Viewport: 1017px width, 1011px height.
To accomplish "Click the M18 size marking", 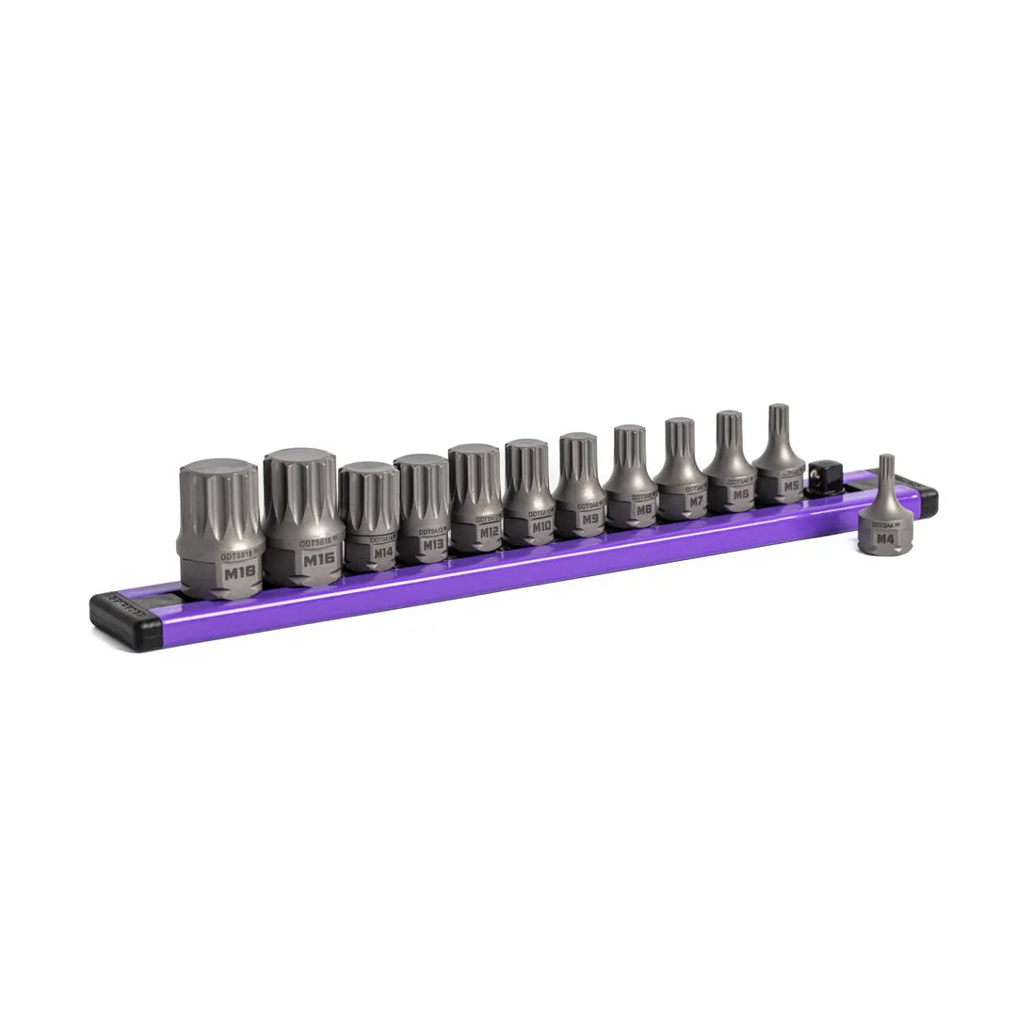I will (x=240, y=570).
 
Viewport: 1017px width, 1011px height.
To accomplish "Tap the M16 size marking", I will (x=318, y=558).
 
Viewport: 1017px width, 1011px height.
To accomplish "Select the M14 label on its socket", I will (x=381, y=553).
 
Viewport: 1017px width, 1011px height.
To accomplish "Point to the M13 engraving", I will (x=432, y=544).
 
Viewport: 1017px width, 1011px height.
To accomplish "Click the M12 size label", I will (x=488, y=532).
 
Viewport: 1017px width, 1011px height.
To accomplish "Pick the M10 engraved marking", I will (x=541, y=526).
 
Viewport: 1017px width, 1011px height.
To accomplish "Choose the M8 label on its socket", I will (x=644, y=509).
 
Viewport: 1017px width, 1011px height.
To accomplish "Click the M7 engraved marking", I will (x=695, y=502).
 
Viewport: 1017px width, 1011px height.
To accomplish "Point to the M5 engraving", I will (x=789, y=486).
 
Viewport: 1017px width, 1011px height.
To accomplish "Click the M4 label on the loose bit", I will (x=884, y=538).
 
